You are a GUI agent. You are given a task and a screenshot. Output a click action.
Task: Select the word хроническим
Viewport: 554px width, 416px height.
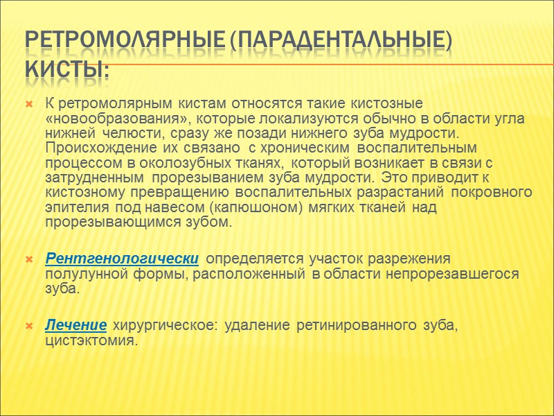point(307,148)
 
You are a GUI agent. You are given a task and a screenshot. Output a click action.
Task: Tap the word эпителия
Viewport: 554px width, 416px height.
point(71,207)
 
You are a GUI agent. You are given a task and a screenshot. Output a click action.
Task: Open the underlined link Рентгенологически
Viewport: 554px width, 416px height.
point(123,259)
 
